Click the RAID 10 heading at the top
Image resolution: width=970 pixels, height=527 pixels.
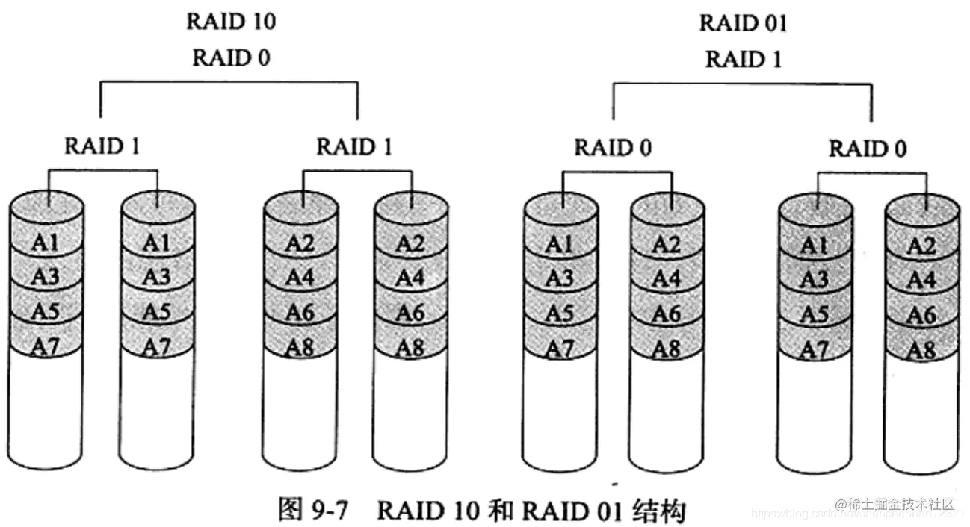click(x=230, y=22)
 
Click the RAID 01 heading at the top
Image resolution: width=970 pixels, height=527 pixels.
click(x=743, y=23)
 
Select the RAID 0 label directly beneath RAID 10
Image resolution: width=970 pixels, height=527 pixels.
click(x=231, y=57)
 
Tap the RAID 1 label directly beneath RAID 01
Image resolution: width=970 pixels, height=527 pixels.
click(x=743, y=59)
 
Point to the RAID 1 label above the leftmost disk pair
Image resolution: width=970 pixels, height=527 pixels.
click(x=102, y=146)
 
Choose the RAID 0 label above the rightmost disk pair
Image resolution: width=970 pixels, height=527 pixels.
click(x=867, y=149)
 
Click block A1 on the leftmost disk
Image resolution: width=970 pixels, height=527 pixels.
click(x=46, y=243)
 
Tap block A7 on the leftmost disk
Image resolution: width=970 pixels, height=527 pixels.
click(x=46, y=346)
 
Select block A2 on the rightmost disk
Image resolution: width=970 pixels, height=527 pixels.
click(x=921, y=246)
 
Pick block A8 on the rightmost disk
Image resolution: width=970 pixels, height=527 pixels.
click(x=921, y=349)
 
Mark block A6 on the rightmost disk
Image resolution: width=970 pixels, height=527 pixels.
click(x=921, y=315)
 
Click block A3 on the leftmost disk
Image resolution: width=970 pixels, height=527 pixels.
click(x=46, y=277)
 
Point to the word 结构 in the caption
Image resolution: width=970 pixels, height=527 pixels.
click(x=658, y=510)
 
